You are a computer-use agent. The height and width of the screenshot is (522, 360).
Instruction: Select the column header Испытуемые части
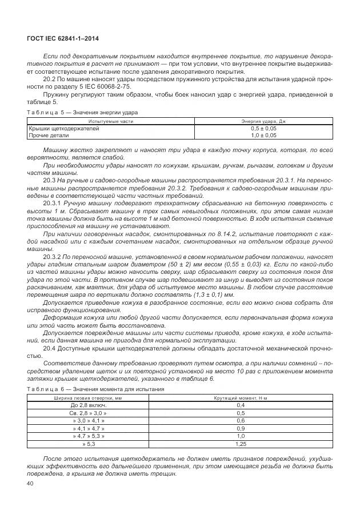click(110, 122)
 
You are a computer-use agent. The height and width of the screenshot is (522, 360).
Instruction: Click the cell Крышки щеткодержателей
click(63, 129)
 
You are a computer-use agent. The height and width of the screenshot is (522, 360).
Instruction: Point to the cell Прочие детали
click(49, 136)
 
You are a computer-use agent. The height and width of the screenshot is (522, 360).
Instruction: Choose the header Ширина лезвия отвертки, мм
click(89, 397)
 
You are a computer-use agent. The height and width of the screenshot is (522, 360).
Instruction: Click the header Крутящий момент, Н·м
click(241, 397)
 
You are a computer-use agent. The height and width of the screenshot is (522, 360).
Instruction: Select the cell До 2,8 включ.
click(89, 405)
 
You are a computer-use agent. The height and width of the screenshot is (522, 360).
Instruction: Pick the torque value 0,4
click(241, 405)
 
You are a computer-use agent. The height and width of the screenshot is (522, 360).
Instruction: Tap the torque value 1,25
click(241, 443)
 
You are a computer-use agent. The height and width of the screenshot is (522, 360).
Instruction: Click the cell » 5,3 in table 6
click(89, 443)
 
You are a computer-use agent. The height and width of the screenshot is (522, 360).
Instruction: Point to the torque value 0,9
click(241, 428)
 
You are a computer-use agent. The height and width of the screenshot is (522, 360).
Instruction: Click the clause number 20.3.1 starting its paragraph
click(52, 203)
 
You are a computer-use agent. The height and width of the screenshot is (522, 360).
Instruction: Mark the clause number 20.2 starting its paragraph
click(49, 79)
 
